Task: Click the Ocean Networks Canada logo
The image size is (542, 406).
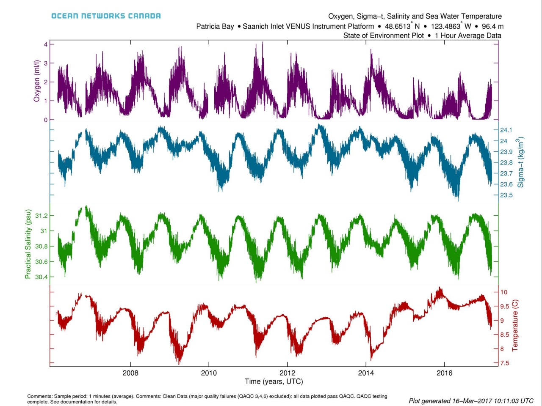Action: pos(106,16)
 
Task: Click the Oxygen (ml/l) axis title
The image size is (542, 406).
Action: pos(37,81)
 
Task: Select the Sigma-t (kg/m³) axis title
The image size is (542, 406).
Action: pos(520,162)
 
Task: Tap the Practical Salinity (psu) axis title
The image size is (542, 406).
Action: pos(28,244)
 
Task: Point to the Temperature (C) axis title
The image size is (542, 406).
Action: pos(515,326)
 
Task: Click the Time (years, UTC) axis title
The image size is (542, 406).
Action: pos(274,381)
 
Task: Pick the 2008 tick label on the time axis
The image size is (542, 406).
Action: pos(130,373)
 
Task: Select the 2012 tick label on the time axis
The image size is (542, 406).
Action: pos(288,373)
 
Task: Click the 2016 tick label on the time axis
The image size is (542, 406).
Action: pos(444,373)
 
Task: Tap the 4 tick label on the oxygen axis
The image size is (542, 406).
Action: pos(45,44)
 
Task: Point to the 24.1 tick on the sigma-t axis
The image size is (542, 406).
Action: pos(506,130)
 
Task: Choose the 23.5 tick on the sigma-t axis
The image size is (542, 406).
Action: pos(506,195)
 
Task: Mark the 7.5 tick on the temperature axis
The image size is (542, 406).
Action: pos(504,363)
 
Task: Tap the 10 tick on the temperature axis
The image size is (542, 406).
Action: pos(504,292)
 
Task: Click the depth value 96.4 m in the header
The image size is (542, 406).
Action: pos(492,26)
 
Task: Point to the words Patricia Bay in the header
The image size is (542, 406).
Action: pos(215,26)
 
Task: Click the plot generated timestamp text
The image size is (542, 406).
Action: pos(471,401)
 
